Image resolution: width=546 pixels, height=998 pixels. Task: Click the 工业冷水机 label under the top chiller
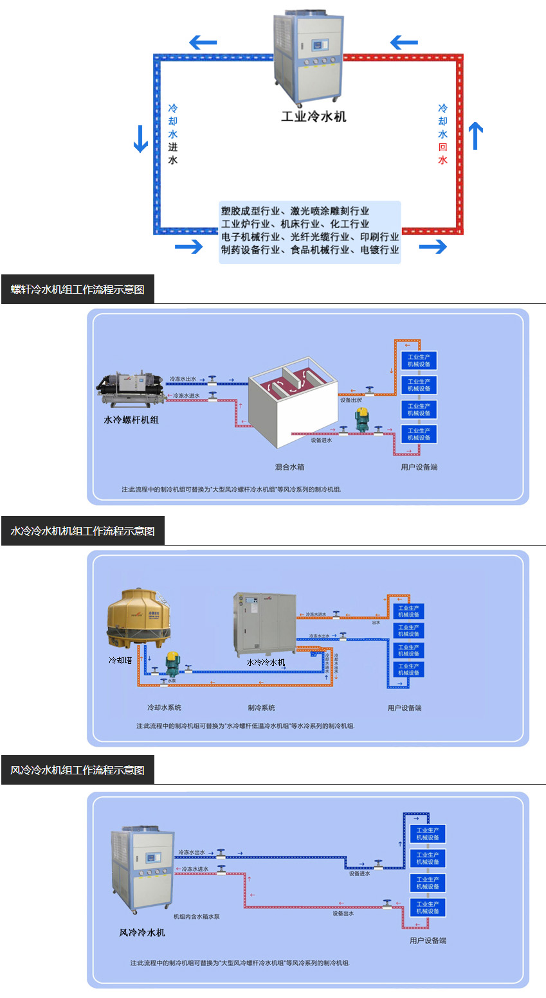click(313, 116)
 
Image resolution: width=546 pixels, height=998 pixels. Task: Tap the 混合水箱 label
click(289, 467)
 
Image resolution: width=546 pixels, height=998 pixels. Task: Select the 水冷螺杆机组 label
click(131, 420)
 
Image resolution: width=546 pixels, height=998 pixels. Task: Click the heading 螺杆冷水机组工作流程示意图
click(77, 289)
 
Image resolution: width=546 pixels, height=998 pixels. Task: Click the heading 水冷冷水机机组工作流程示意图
click(82, 531)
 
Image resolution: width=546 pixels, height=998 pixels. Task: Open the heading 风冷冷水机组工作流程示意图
click(77, 770)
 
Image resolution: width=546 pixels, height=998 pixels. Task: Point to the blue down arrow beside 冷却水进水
click(141, 138)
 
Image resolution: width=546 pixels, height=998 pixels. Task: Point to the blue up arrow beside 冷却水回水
click(475, 136)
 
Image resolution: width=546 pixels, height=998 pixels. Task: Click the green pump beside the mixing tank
click(362, 418)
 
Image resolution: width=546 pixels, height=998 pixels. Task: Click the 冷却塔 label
click(120, 660)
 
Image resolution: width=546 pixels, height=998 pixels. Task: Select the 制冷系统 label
click(261, 708)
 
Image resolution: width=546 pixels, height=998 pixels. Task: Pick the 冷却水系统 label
click(164, 708)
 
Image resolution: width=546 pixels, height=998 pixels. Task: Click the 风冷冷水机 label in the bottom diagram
click(141, 932)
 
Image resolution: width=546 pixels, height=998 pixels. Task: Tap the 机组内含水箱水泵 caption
click(196, 916)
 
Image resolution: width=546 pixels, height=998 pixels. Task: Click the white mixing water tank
click(293, 411)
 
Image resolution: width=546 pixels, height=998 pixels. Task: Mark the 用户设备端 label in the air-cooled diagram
click(428, 940)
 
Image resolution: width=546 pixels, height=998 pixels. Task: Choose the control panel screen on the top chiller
click(320, 46)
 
